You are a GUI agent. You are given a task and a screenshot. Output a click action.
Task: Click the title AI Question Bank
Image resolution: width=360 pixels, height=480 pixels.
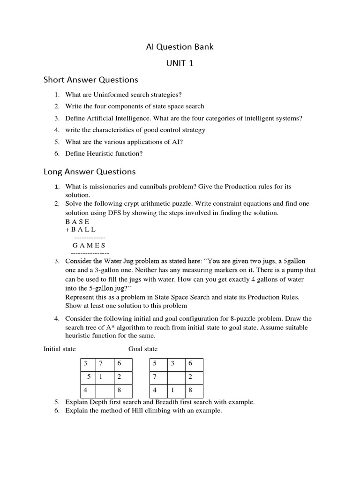coord(180,46)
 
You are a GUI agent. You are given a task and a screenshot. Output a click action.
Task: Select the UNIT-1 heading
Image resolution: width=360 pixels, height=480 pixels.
coord(180,63)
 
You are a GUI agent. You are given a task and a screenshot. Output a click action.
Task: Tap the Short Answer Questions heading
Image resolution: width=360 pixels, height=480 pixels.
coord(91,80)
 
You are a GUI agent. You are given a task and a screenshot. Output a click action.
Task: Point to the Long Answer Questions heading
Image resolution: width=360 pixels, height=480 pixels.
coord(90,172)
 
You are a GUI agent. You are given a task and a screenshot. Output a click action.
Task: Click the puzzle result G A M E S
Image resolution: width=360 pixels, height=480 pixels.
coord(89,245)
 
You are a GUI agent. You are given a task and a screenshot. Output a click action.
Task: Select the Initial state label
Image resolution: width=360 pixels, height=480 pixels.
coord(60,349)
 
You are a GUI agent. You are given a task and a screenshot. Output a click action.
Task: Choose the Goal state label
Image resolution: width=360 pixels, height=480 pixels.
coord(143,349)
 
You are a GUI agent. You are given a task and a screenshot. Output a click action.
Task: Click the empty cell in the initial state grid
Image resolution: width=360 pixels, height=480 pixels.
coord(104,390)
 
